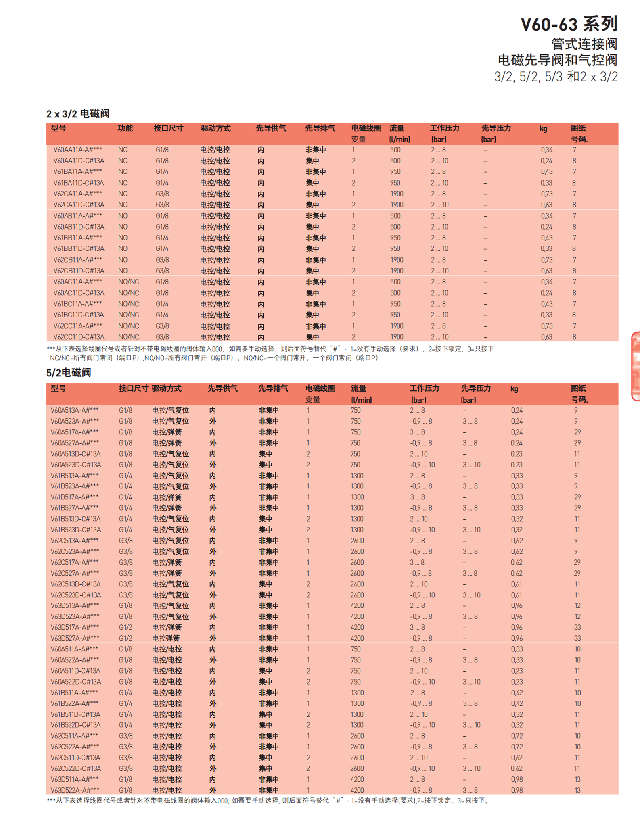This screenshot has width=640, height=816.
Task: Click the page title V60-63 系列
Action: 569,24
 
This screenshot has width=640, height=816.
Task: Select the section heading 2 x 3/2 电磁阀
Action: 78,114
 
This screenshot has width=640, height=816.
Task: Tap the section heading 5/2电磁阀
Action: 69,372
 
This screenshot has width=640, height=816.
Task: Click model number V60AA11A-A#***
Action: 77,150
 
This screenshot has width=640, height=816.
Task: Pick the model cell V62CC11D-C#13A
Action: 79,337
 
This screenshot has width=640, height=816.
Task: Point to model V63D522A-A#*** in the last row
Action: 75,790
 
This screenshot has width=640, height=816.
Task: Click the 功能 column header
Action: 125,128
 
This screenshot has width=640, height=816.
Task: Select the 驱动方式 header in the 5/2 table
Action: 167,388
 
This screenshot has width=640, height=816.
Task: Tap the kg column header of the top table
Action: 543,129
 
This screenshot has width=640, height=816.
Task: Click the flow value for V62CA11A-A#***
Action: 397,194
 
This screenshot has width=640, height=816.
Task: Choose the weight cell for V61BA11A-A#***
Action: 547,172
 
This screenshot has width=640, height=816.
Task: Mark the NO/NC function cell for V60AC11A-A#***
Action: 128,282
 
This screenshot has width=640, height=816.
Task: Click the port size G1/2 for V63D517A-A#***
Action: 125,627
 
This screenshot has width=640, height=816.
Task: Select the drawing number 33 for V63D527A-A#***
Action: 577,638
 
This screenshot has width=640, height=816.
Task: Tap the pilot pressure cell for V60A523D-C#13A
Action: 471,465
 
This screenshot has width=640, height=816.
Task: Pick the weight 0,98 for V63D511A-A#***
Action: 517,779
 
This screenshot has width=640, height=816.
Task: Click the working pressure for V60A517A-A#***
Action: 417,432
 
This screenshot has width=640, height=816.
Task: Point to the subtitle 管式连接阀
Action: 584,44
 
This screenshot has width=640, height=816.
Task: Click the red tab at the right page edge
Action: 636,366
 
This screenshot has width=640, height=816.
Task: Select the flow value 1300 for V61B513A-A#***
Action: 357,476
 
